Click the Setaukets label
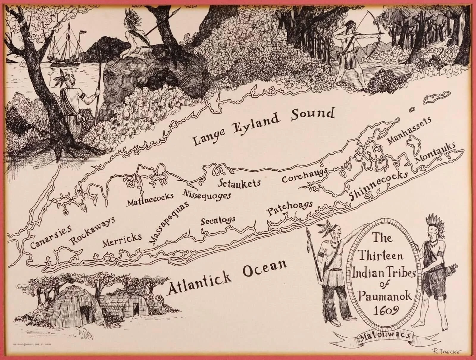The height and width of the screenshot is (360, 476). point(239,183)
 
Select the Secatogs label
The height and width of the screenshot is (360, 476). point(218,221)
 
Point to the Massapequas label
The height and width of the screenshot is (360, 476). point(168,222)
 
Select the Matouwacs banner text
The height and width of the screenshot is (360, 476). point(385,337)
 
